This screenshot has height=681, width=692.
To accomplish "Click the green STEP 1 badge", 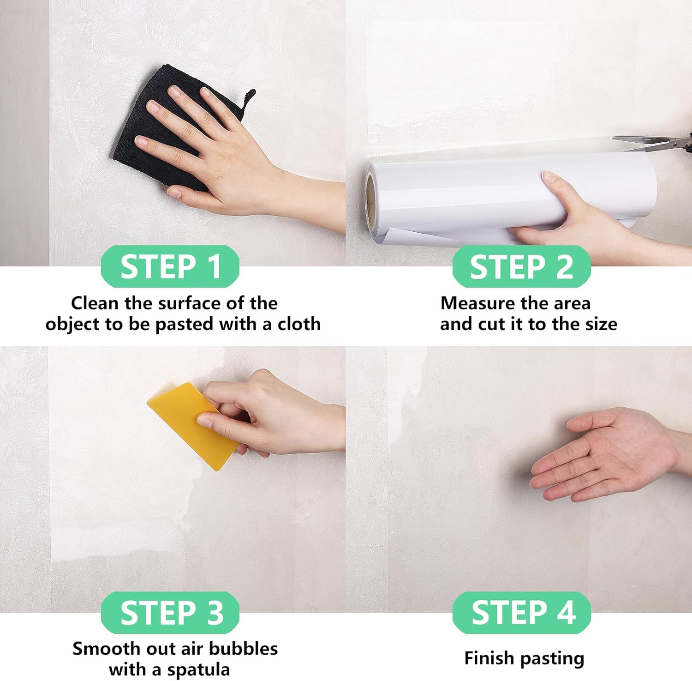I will click(170, 266).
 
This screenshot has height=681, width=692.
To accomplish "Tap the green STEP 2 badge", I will click(521, 266).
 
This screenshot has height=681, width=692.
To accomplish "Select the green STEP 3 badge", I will click(170, 612).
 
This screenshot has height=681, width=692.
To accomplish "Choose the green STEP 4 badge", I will click(521, 612).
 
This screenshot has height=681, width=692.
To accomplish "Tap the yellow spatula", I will click(189, 425).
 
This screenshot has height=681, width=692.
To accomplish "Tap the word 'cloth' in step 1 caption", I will click(298, 324).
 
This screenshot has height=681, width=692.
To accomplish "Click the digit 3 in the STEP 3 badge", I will click(215, 613).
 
